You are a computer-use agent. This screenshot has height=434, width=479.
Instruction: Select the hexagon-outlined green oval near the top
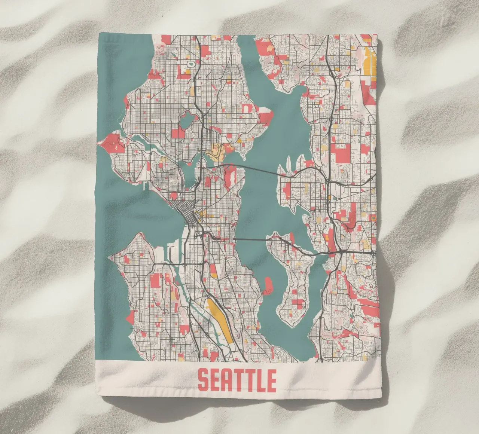(191, 64)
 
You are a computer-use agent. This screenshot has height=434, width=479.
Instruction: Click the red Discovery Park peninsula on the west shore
(111, 142)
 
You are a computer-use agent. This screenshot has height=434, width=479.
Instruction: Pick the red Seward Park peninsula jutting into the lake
(269, 285)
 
